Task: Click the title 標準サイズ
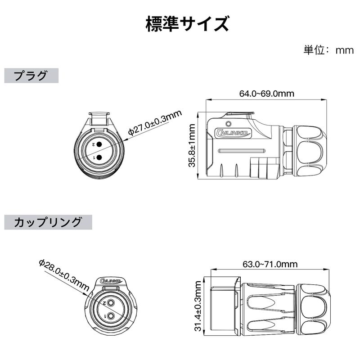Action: [187, 24]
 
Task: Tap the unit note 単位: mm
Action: [328, 50]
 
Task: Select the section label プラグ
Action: [31, 76]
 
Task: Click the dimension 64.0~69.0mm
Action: [266, 94]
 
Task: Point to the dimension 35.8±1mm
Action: [192, 146]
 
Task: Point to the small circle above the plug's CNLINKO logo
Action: [228, 123]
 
